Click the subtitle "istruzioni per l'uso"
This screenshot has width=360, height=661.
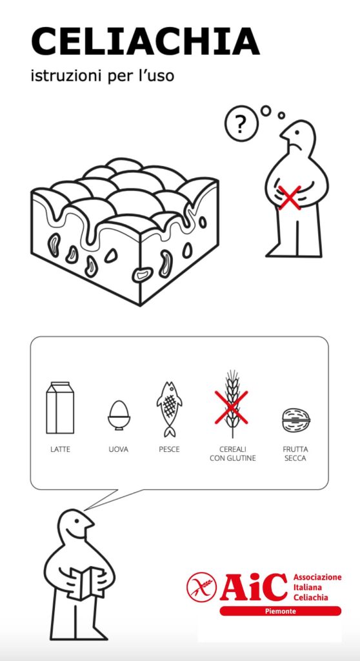[x=103, y=76]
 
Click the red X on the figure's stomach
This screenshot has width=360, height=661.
[x=290, y=198]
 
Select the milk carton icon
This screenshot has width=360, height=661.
[x=60, y=408]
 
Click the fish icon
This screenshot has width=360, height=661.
[x=169, y=409]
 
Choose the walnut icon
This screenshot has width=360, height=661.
[x=296, y=420]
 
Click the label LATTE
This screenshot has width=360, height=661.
[x=60, y=449]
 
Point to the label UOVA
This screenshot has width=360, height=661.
[x=119, y=449]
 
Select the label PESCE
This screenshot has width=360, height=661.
[x=169, y=449]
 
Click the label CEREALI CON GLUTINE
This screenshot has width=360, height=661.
[x=233, y=454]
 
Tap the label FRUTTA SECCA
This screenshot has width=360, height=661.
[x=295, y=454]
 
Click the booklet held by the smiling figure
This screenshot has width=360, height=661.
[x=86, y=583]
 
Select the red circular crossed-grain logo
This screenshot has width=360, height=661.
[x=201, y=586]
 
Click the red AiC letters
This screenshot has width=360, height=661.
[x=254, y=587]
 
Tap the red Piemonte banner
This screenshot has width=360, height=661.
[x=281, y=611]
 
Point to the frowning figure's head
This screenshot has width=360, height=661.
[x=299, y=139]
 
